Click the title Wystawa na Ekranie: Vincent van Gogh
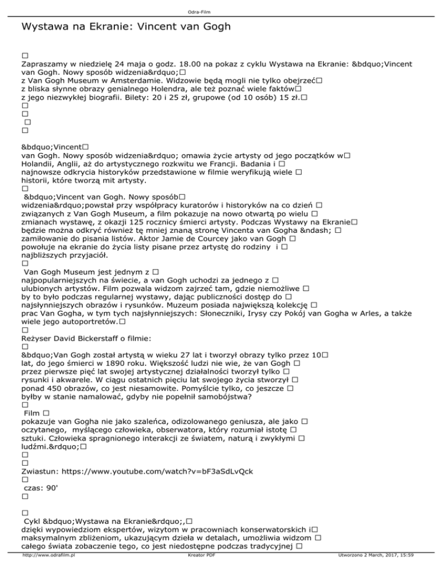[x=125, y=27]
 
